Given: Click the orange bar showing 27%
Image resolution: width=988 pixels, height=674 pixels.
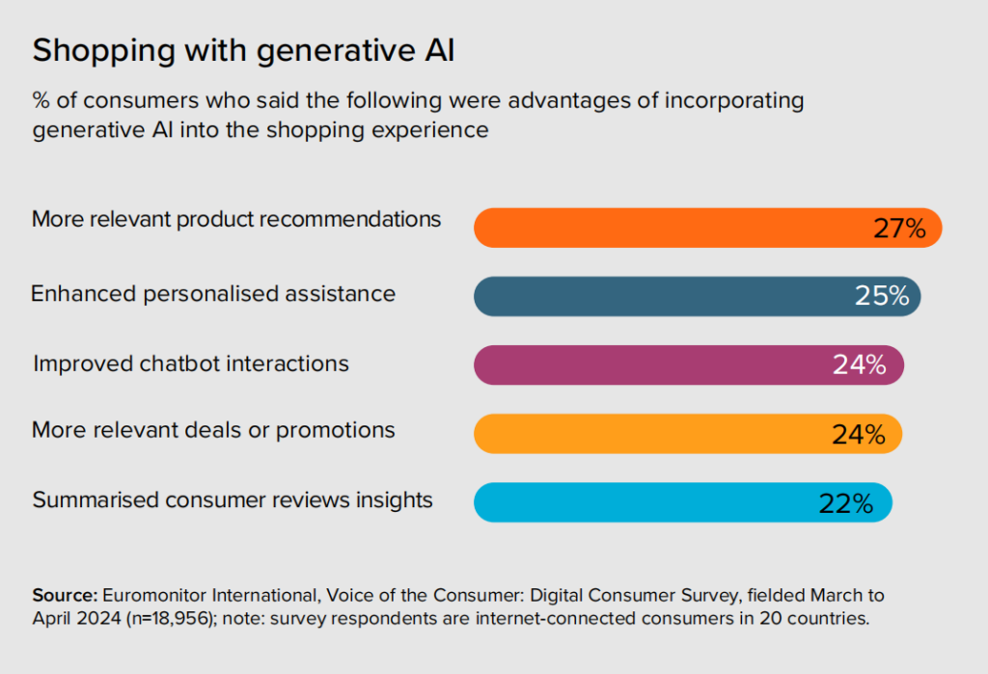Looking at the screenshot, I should point(675,229).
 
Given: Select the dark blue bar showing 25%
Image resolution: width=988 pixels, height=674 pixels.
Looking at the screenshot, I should point(666,296).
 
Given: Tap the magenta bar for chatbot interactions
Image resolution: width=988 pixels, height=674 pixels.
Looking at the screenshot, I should point(656,364).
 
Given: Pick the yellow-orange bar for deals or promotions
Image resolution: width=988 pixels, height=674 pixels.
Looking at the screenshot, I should point(656,434).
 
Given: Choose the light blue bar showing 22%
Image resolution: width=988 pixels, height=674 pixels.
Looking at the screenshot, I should point(646,502).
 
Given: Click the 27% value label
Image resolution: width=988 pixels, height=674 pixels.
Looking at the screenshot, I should point(899,229).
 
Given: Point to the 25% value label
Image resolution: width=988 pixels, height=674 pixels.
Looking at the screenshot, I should point(882,296).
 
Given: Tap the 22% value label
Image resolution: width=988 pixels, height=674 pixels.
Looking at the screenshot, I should point(846,503).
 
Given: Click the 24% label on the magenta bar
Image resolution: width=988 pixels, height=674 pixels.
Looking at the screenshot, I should point(859,365).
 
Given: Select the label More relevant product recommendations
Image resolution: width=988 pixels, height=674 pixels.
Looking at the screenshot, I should point(236,219).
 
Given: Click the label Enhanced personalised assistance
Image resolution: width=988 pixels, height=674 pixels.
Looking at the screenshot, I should point(213,293).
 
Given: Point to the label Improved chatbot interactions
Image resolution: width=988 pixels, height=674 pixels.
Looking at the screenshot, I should point(191,364).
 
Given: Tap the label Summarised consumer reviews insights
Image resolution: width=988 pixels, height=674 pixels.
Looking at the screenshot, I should point(233,500).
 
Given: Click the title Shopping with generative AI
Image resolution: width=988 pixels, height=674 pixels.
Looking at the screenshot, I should point(243,51).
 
